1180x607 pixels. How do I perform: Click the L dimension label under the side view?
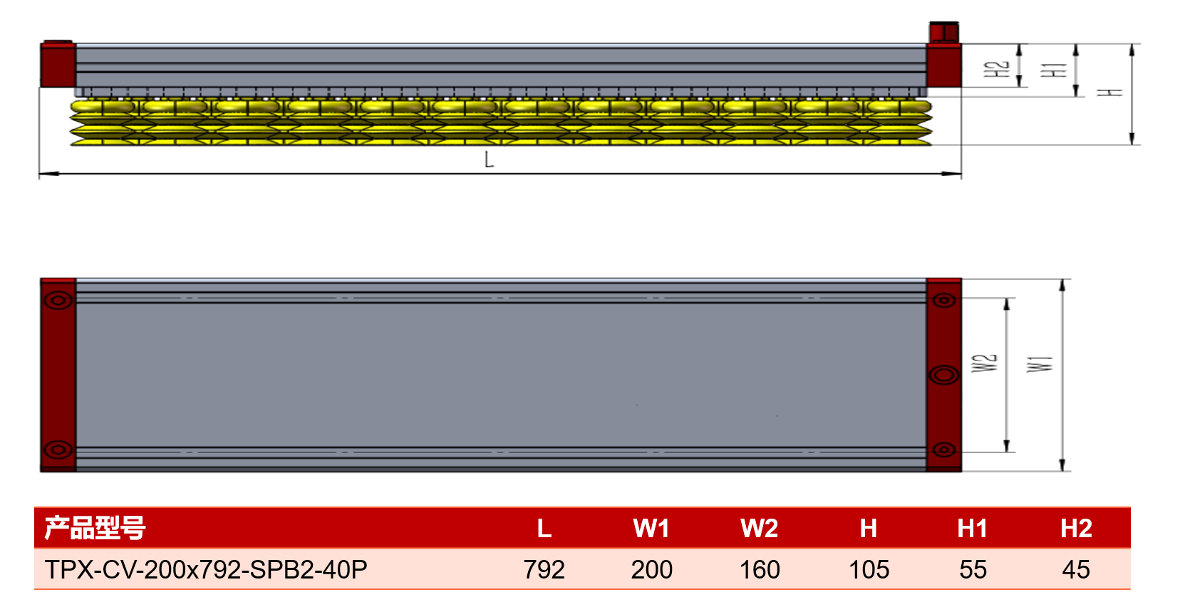coord(489,159)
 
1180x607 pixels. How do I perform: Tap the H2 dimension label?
coord(996,69)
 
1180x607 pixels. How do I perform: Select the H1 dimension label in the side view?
coord(1054,70)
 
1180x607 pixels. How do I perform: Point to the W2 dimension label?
coord(984,363)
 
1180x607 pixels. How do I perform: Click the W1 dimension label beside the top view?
coord(1040,364)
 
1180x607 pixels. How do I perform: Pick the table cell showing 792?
coord(544,569)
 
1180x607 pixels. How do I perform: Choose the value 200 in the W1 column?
coord(651,569)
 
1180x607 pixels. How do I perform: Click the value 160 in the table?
coord(759,569)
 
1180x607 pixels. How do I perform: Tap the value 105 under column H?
coord(869,569)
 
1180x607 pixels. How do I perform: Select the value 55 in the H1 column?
coord(973,569)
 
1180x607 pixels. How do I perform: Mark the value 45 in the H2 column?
coord(1076,569)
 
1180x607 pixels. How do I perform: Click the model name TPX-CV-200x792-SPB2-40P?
coord(206,569)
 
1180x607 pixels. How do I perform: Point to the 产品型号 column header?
coord(95,528)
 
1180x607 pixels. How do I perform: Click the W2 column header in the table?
coord(759,528)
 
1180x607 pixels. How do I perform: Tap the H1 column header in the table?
coord(973,528)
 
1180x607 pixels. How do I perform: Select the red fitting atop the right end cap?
coord(943,33)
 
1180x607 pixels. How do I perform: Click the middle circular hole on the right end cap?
coord(943,375)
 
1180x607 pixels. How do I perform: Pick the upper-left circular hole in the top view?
coord(58,301)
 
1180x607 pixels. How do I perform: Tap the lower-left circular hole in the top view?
coord(58,450)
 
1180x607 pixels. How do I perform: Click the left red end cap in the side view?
coord(58,64)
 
